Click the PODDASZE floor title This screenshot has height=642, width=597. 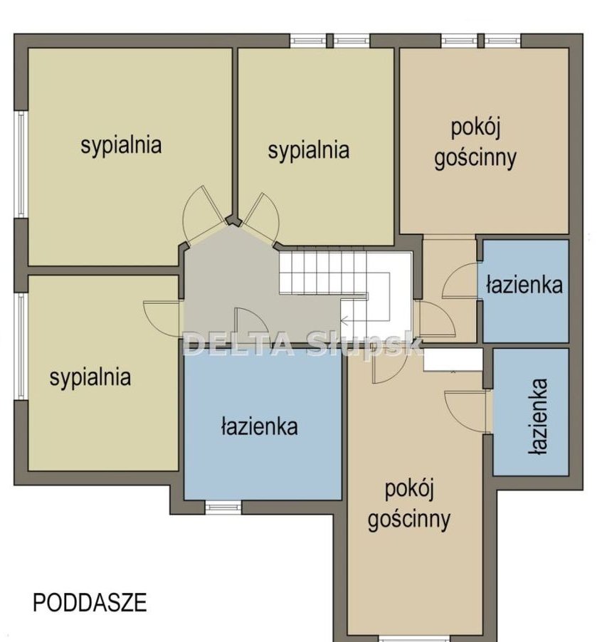90,602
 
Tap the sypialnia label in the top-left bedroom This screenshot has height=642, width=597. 121,146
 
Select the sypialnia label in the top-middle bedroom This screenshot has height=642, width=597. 309,151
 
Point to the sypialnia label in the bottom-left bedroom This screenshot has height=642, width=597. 90,378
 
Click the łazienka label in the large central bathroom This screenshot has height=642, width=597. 260,426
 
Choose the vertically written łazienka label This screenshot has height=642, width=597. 538,417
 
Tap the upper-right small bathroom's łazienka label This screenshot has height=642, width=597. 524,285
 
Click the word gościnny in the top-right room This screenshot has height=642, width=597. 475,159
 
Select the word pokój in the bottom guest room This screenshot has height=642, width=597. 409,489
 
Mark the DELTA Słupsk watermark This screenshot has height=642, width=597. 303,344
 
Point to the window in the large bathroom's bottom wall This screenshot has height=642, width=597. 223,507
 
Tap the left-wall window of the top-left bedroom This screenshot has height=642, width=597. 21,164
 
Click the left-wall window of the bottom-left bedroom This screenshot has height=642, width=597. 21,346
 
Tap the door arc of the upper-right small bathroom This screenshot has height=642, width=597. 460,280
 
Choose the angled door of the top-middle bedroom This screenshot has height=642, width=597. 261,219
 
